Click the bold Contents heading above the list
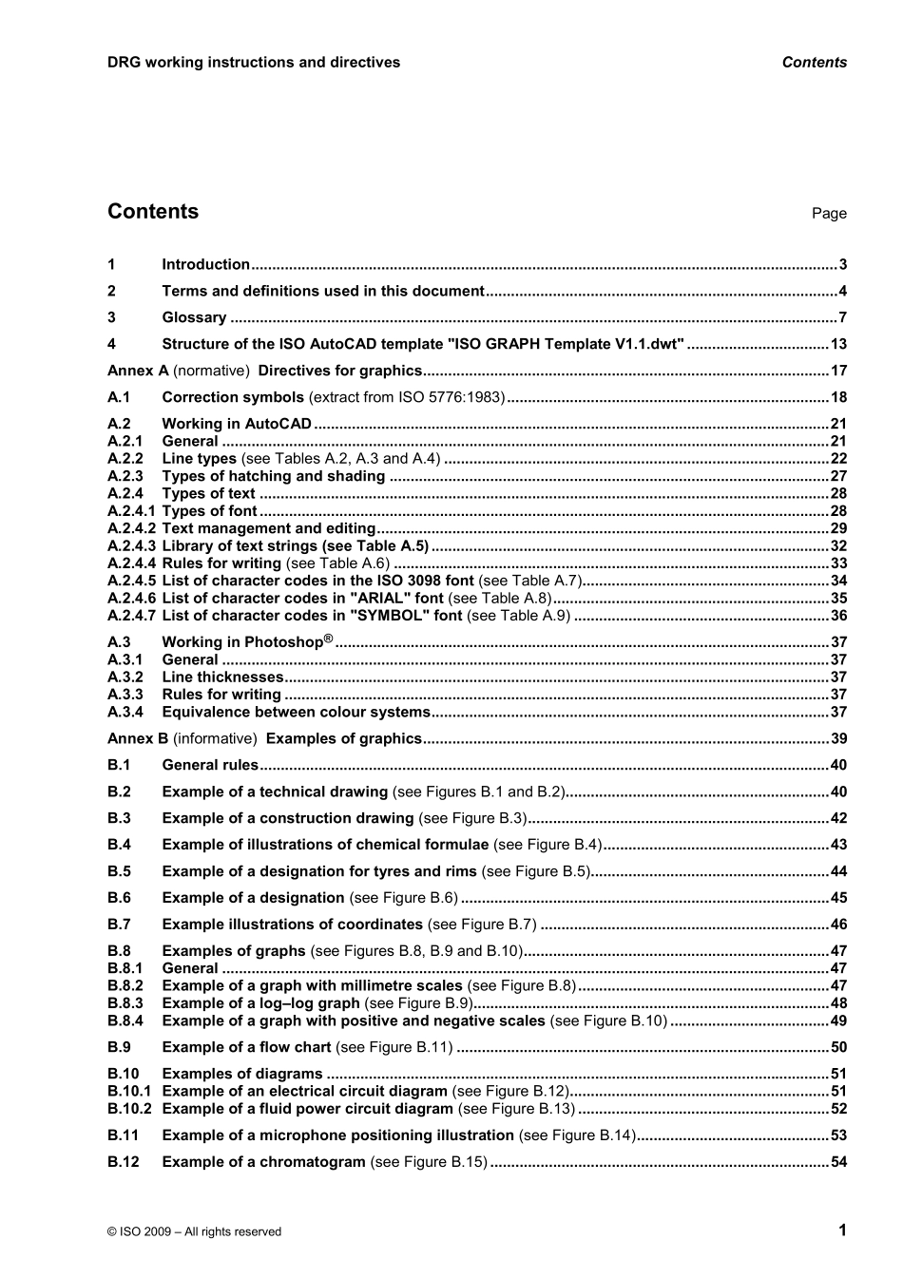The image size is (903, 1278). point(153,212)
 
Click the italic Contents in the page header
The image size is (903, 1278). point(814,63)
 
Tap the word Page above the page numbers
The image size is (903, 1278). point(828,214)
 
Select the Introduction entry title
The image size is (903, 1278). point(205,265)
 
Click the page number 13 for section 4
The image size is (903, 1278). point(837,345)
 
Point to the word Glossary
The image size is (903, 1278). point(194,318)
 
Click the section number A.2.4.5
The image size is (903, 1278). point(131,581)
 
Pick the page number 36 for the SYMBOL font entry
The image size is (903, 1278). point(837,616)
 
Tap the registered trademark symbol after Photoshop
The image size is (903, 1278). point(328,639)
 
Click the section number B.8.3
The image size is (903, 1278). point(125,1003)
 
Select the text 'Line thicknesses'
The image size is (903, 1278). point(222,677)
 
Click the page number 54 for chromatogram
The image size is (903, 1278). point(837,1162)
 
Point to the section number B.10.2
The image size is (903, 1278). point(129,1109)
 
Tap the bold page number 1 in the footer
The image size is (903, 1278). point(841,1230)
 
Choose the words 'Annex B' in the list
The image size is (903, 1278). point(137,739)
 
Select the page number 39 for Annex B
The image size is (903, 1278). point(837,739)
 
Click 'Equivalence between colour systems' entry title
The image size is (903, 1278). point(296,713)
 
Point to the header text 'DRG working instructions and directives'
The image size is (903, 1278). point(253,63)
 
